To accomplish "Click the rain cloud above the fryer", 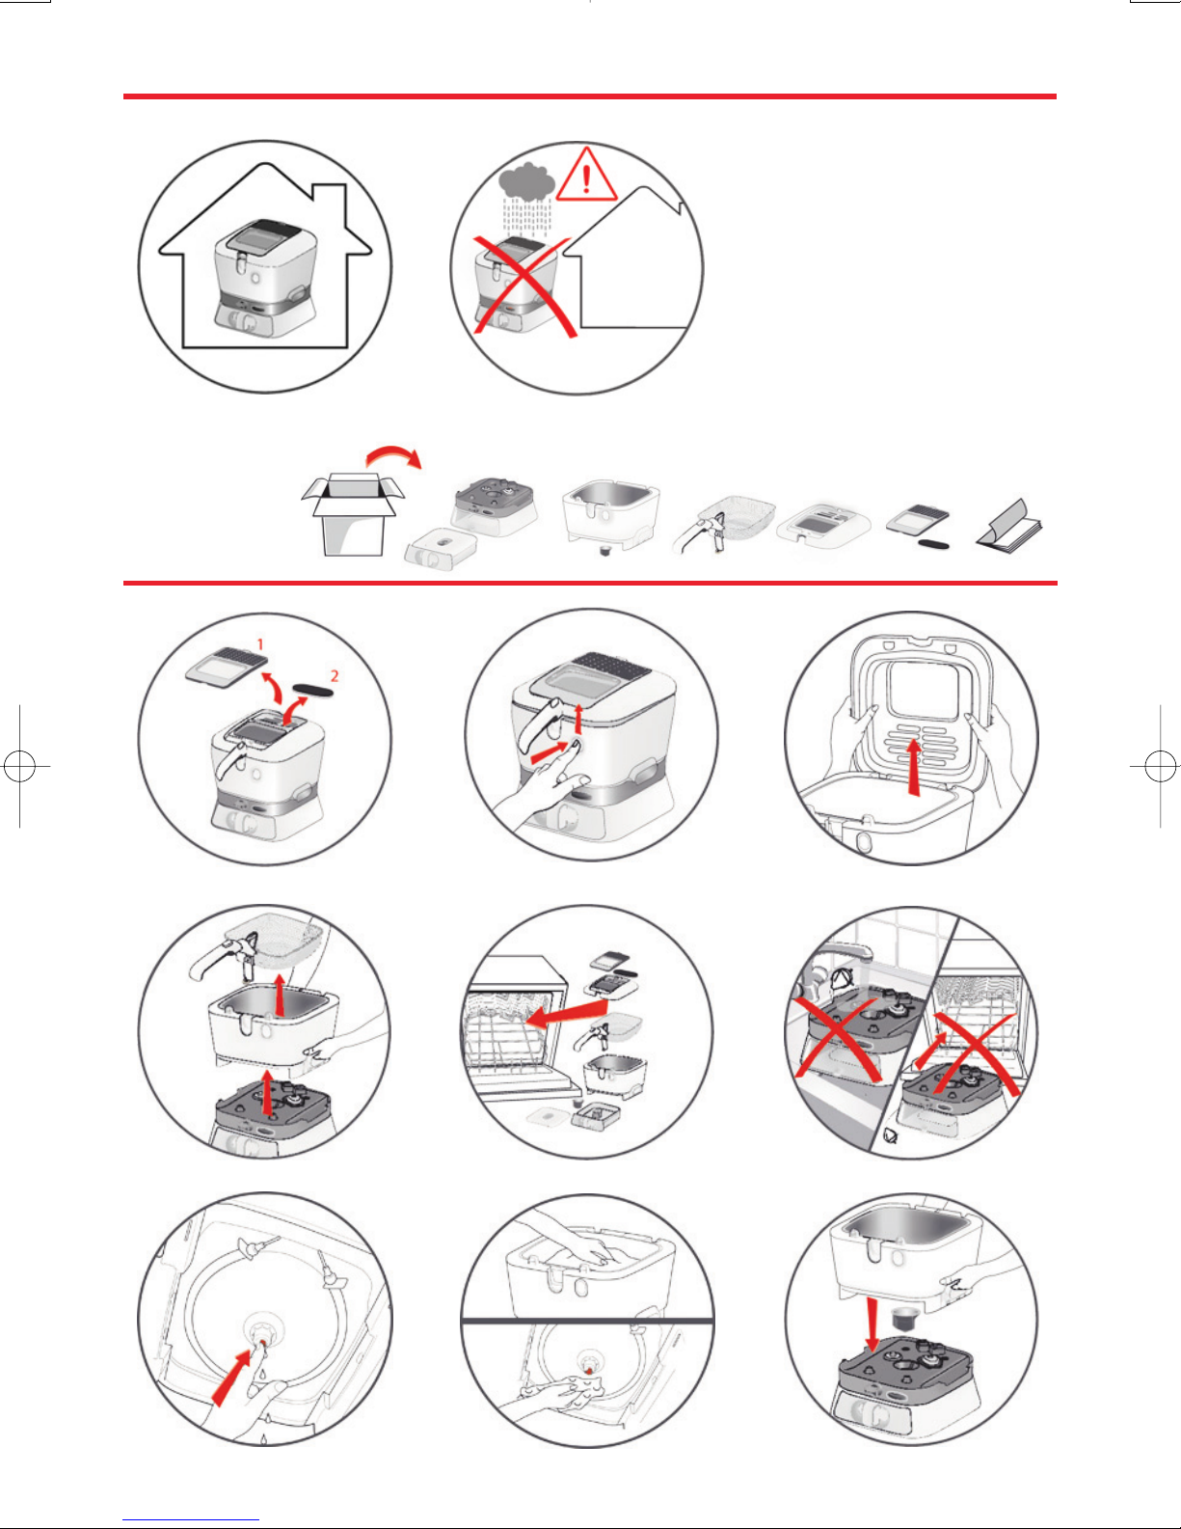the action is [527, 180].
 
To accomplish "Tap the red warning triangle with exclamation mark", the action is [586, 176].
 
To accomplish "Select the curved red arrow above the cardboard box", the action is [394, 455].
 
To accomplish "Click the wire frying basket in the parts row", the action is [724, 524].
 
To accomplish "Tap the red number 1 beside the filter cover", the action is [260, 643].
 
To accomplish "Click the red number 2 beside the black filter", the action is [335, 675].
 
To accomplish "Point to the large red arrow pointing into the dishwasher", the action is [566, 1013].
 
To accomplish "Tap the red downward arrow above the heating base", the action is [872, 1324].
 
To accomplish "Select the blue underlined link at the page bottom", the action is [191, 1520].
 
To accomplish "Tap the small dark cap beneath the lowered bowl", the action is [901, 1317].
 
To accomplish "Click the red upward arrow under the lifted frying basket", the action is [280, 996].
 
